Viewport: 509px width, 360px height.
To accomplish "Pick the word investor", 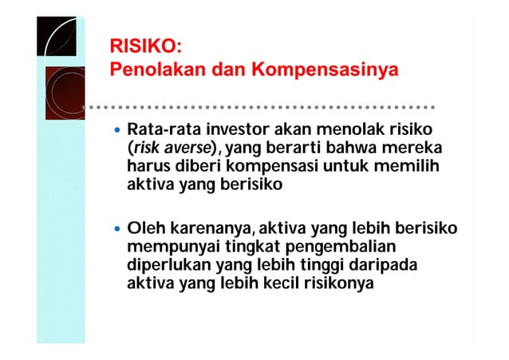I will (x=239, y=129).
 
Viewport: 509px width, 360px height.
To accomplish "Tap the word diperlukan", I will (x=167, y=267).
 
